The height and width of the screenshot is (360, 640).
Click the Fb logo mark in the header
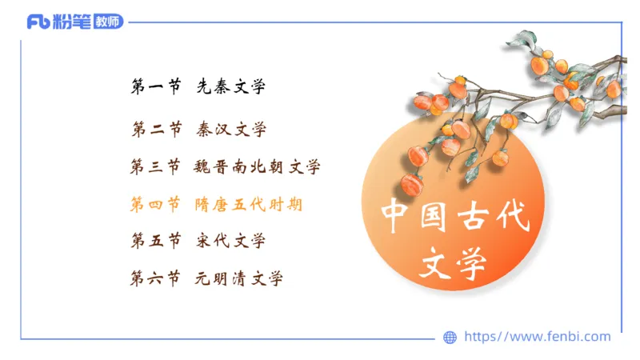tap(38, 22)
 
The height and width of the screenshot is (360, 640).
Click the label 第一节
tap(156, 87)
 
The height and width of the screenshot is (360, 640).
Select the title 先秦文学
tap(231, 87)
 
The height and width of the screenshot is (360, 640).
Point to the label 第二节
tap(156, 129)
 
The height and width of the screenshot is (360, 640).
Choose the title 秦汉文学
tap(231, 129)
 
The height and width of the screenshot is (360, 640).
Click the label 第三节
tap(156, 167)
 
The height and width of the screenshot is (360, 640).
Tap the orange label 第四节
tap(156, 205)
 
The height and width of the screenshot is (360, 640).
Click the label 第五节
tap(156, 240)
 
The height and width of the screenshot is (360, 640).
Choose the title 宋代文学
tap(231, 240)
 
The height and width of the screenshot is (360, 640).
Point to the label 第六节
tap(156, 278)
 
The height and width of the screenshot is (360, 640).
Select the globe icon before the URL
tap(450, 338)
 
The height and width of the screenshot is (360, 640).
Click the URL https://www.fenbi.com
tap(537, 337)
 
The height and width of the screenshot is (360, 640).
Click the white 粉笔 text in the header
tap(72, 22)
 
